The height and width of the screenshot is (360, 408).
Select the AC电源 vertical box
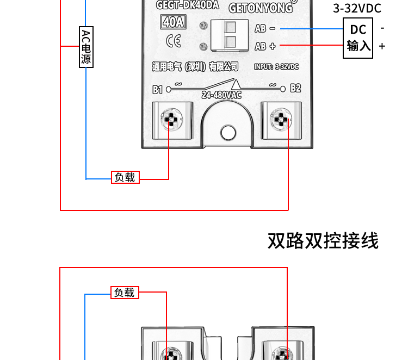pos(86,47)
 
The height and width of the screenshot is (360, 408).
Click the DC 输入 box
pos(358,38)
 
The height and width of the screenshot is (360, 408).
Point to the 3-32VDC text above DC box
pos(357,8)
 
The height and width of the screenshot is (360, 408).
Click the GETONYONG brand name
pos(260,8)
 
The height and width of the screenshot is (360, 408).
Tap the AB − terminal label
pos(265,29)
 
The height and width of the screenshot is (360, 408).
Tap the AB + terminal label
pos(265,46)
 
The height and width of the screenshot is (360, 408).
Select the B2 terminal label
pos(295,88)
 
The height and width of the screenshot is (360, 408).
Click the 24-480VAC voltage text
pos(221,95)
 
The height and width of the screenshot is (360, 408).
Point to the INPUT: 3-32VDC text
pos(276,66)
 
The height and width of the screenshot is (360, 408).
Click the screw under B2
pos(281,119)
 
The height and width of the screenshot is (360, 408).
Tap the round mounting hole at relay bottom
pos(226,132)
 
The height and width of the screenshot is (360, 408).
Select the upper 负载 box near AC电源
pos(125,177)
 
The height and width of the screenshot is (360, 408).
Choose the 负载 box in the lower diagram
pos(125,293)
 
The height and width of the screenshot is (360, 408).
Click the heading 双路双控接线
pos(323,240)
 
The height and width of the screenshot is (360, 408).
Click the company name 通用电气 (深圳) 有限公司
pos(195,66)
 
